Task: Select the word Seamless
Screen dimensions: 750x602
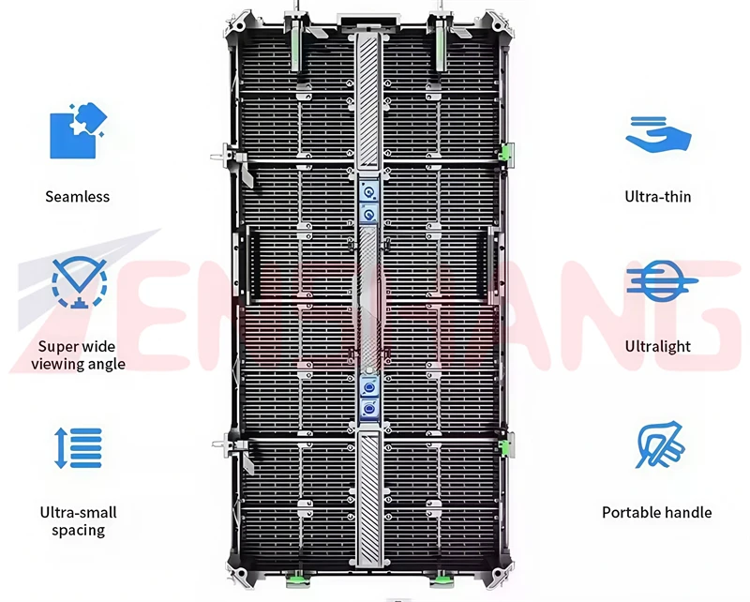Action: pos(77,197)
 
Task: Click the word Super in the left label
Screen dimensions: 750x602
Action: pos(58,346)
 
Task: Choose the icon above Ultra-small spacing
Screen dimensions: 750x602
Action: pos(78,448)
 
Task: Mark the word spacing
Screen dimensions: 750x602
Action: pos(78,531)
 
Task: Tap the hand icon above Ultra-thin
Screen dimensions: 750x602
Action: pos(658,134)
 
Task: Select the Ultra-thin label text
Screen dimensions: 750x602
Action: pos(658,197)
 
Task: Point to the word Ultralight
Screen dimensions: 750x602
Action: pos(658,346)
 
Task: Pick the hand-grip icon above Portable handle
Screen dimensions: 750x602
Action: pos(659,445)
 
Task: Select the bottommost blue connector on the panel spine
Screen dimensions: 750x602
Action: pos(369,409)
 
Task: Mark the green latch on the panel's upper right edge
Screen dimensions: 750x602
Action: pos(506,151)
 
